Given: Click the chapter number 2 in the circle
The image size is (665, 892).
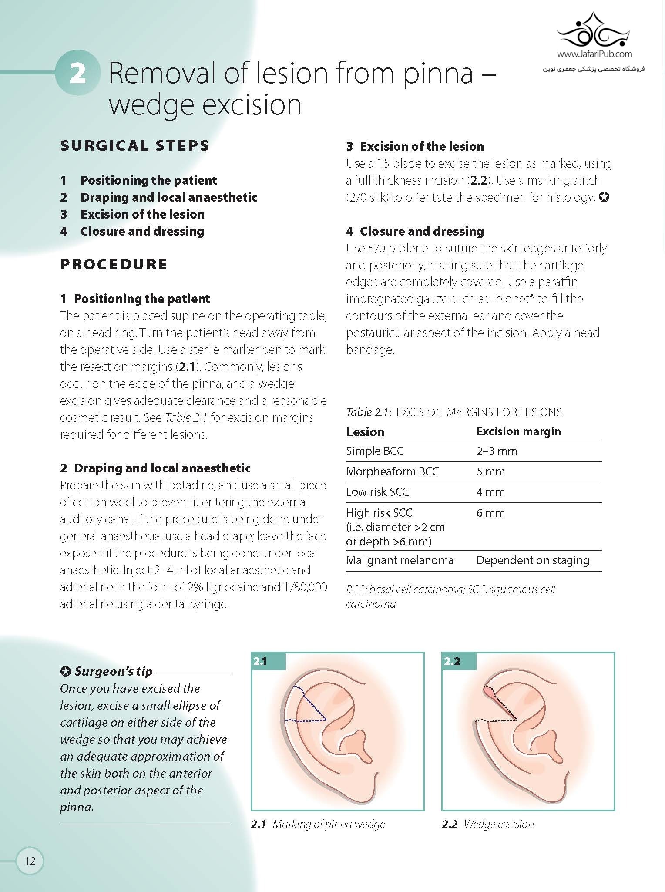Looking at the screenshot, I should (x=77, y=73).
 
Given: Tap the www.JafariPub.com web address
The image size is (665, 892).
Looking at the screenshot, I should (x=594, y=54).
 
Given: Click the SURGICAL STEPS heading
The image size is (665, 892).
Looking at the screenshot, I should (x=134, y=145).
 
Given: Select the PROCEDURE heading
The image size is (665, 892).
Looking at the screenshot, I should (x=114, y=264).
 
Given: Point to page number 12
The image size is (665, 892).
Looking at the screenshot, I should (x=30, y=861).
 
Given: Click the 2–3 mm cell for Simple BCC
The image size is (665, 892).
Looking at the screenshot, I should (x=497, y=451).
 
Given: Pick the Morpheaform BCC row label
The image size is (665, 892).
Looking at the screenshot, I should (x=392, y=471).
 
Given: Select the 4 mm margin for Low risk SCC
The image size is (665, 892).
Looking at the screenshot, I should (x=490, y=492).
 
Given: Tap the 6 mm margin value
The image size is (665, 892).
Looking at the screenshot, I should (x=490, y=513).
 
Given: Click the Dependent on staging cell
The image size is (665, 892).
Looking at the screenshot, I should (x=533, y=560).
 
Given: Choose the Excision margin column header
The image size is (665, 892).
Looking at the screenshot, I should (x=518, y=431).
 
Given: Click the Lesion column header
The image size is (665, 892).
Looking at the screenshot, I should (x=365, y=432).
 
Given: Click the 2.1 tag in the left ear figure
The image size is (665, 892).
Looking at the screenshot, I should (x=260, y=662).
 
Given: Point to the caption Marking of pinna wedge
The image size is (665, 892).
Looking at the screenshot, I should (x=329, y=824).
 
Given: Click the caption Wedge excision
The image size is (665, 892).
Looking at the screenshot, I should (x=500, y=824).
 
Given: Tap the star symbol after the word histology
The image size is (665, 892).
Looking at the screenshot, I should (x=604, y=198).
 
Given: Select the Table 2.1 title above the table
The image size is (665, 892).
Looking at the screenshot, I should (x=453, y=412).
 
